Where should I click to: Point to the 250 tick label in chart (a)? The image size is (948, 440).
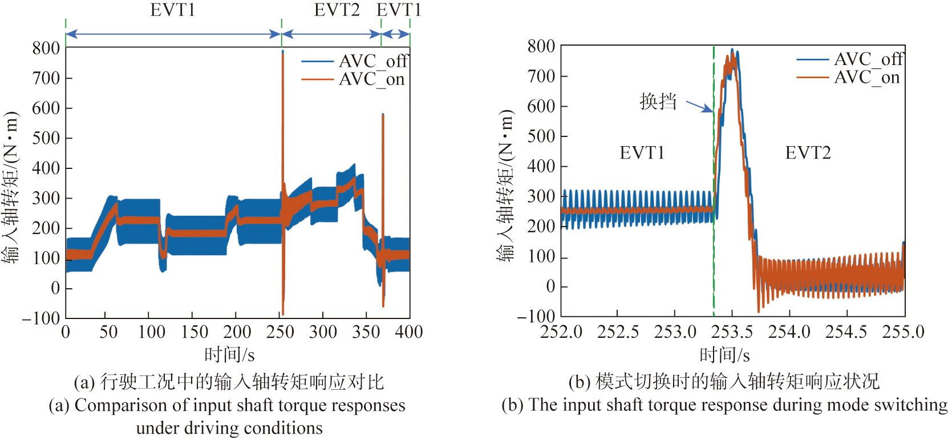point(280,332)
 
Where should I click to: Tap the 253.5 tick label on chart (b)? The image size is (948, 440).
point(732,332)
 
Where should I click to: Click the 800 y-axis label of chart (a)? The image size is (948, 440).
point(46,48)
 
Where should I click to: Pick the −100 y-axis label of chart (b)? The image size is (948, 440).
point(536,317)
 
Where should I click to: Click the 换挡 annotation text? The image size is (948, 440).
point(658,102)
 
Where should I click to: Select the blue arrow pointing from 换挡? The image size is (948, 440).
point(699,106)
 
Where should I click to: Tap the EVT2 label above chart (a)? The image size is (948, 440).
point(337,10)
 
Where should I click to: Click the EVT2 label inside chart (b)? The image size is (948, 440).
point(808,153)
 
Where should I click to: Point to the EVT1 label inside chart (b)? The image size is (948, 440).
point(642,153)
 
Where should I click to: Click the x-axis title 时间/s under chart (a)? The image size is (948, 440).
point(229,355)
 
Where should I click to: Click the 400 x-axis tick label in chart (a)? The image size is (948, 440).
point(409,332)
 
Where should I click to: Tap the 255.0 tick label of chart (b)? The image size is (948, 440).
point(904,332)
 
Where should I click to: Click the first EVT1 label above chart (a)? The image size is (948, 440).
point(173,10)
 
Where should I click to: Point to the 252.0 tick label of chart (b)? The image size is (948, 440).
point(561,332)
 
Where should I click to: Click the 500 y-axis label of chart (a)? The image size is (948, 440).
point(46,138)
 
